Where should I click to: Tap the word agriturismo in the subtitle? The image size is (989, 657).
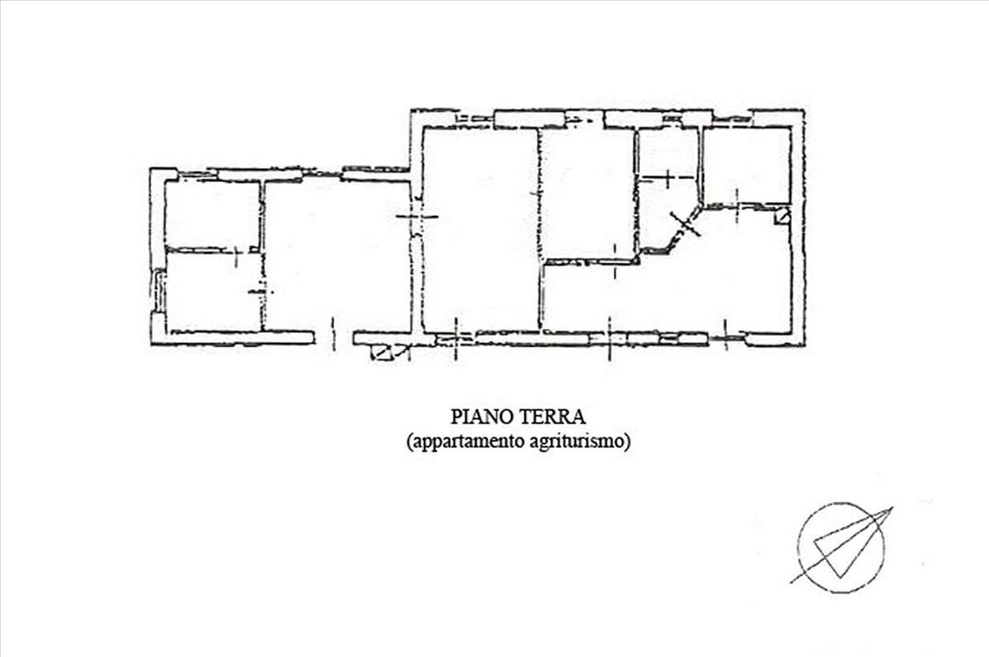pyautogui.click(x=578, y=442)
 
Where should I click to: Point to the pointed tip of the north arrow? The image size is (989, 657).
pyautogui.click(x=893, y=508)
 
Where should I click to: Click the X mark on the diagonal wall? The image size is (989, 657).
pyautogui.click(x=685, y=223)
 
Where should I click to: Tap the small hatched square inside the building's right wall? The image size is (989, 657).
pyautogui.click(x=782, y=217)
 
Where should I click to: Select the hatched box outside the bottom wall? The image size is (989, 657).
pyautogui.click(x=382, y=352)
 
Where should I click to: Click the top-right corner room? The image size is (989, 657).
pyautogui.click(x=747, y=166)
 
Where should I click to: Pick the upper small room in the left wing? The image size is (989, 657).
pyautogui.click(x=213, y=214)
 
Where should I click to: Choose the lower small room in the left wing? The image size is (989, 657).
pyautogui.click(x=213, y=292)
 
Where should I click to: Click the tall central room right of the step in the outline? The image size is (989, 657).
pyautogui.click(x=480, y=230)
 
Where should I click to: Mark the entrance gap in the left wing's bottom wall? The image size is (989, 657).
pyautogui.click(x=334, y=338)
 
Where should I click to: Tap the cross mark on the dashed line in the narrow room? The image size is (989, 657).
pyautogui.click(x=668, y=178)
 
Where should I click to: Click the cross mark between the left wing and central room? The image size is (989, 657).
pyautogui.click(x=417, y=216)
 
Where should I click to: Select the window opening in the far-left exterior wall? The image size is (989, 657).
pyautogui.click(x=159, y=290)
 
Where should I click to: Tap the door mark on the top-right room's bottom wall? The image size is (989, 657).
pyautogui.click(x=737, y=206)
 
